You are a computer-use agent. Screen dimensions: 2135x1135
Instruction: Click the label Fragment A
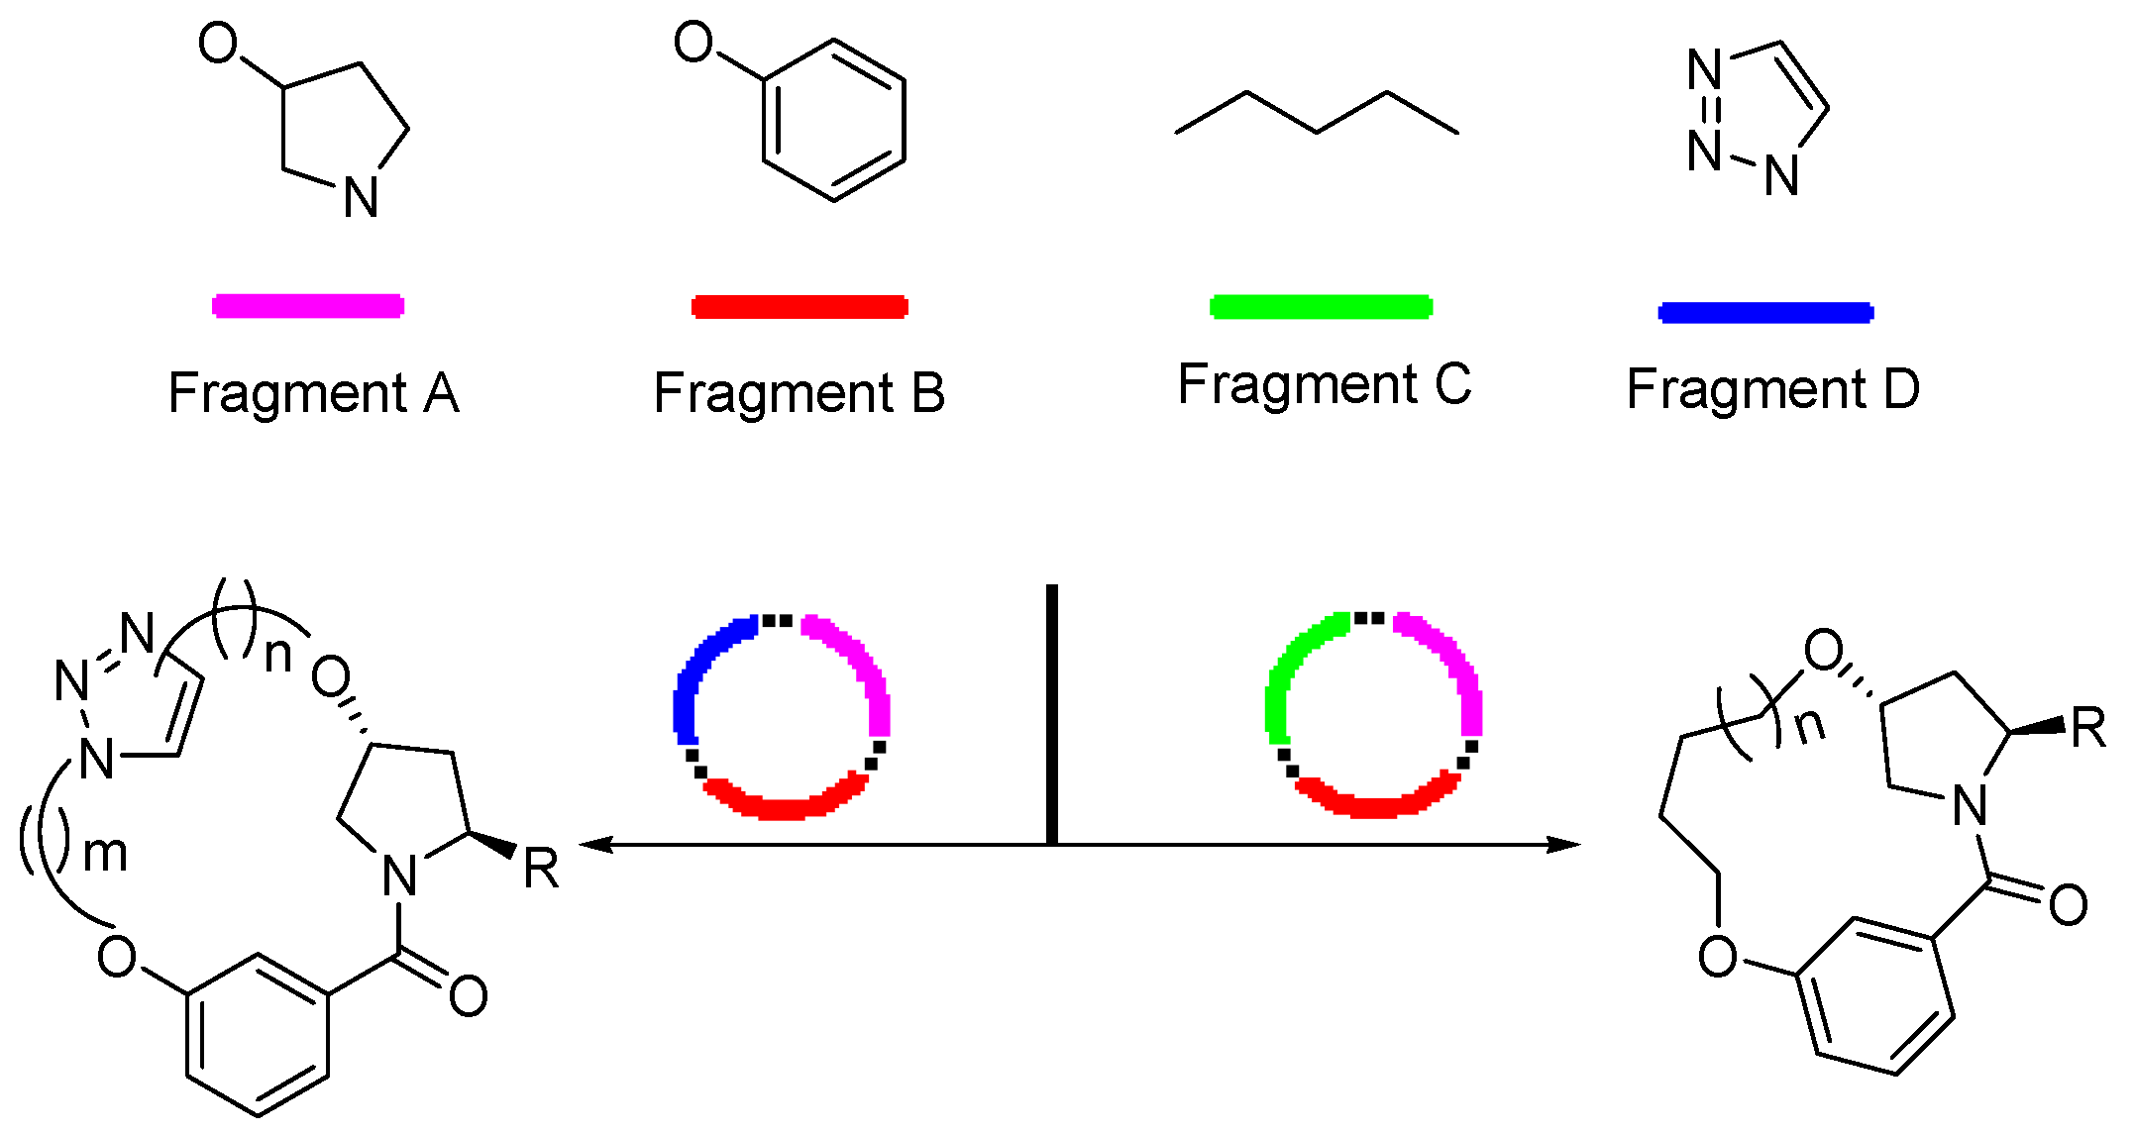tap(313, 393)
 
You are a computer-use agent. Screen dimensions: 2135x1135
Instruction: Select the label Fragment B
tap(799, 393)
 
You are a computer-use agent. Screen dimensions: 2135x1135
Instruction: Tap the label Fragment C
tap(1324, 384)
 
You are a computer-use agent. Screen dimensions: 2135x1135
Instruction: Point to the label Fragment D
tap(1772, 388)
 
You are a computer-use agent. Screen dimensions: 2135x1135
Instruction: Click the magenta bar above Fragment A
tap(308, 305)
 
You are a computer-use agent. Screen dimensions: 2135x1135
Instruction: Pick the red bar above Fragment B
tap(800, 306)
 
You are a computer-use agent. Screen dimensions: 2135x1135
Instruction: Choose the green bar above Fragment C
tap(1321, 306)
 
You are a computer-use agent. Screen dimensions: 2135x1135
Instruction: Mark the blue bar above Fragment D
tap(1765, 313)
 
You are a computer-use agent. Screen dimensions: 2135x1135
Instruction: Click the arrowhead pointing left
tap(594, 845)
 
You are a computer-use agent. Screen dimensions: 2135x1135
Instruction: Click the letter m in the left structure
tap(105, 854)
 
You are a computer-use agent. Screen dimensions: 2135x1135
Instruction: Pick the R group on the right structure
tap(2087, 728)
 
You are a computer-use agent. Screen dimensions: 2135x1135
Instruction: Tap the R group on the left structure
tap(541, 869)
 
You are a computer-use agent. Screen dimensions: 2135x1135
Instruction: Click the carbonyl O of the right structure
tap(2068, 904)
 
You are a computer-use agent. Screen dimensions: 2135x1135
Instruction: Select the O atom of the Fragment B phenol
tap(694, 43)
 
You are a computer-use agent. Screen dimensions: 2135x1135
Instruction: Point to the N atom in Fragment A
tap(361, 197)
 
